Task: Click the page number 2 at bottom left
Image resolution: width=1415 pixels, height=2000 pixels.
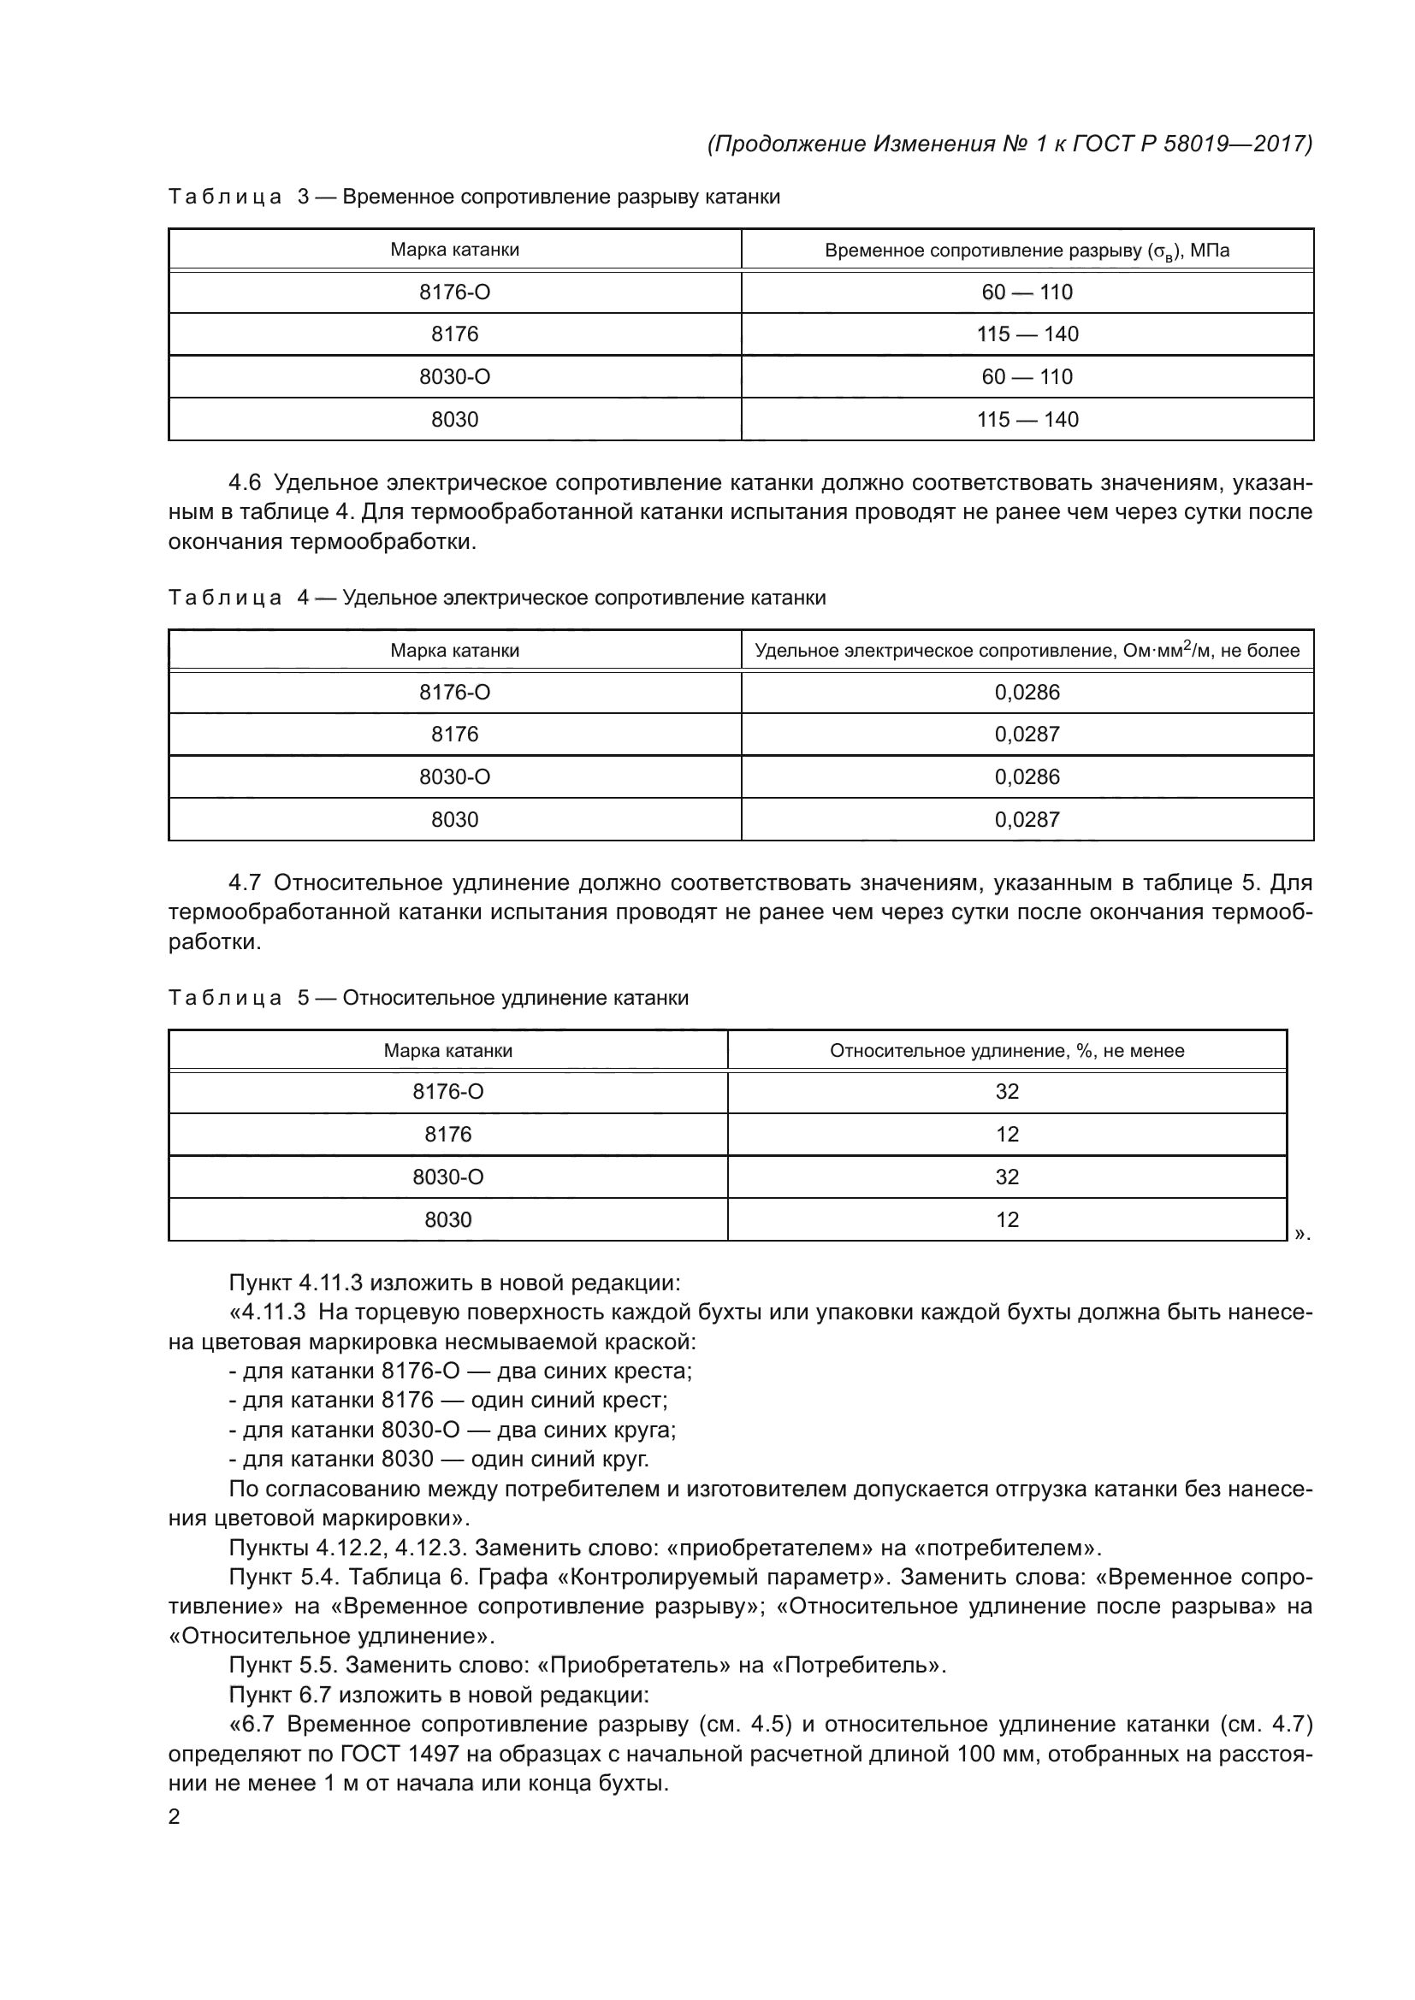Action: point(175,1816)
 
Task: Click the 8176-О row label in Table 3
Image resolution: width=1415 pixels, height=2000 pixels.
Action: point(454,292)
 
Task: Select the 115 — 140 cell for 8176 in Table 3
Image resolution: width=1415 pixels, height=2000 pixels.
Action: point(1027,334)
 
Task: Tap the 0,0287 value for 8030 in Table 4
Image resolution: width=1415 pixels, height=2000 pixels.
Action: point(1027,820)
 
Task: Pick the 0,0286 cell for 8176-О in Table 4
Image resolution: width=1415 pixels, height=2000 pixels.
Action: point(1027,693)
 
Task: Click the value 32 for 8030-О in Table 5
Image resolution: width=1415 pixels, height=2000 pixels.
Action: point(1006,1177)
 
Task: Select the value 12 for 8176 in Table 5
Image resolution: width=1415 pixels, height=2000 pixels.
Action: point(1006,1134)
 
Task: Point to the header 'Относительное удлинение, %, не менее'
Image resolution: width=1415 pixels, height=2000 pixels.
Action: point(1006,1051)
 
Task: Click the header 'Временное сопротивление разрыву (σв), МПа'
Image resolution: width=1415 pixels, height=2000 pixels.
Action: point(1027,251)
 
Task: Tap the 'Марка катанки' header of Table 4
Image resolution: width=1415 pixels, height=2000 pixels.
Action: point(454,651)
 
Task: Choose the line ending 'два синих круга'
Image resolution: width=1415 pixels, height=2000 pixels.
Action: point(453,1430)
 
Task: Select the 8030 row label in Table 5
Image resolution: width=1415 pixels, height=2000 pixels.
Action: point(447,1219)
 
